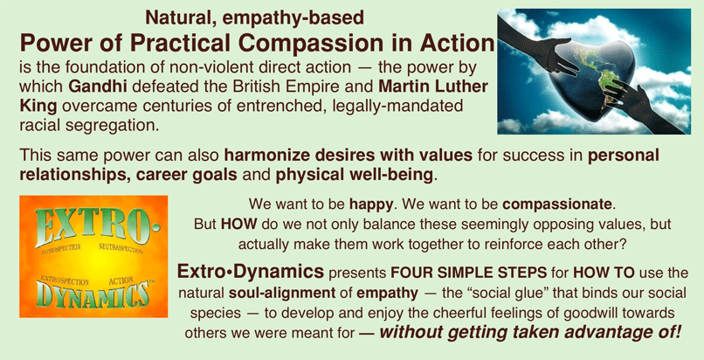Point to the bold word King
coord(38,106)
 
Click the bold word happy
coord(371,205)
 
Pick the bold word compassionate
coord(557,205)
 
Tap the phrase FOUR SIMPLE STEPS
coord(469,273)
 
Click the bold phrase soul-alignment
coord(282,294)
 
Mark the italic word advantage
coord(609,333)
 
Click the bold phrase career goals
coord(186,175)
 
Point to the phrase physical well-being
coord(355,175)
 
